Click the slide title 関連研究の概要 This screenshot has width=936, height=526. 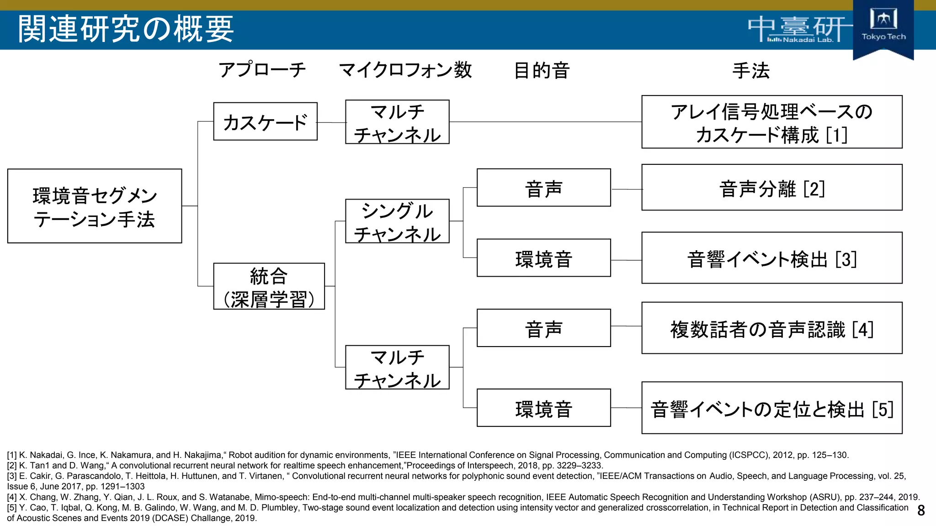tap(126, 29)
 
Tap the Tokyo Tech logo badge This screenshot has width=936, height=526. tap(883, 27)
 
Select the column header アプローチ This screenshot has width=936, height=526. tap(262, 70)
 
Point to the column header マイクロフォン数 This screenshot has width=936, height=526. tap(405, 70)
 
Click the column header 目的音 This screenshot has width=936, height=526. tap(542, 71)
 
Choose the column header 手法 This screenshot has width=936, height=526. tap(751, 71)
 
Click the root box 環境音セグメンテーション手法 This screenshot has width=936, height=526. tap(95, 206)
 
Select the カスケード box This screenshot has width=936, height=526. tap(265, 121)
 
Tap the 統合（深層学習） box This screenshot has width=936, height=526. tap(269, 286)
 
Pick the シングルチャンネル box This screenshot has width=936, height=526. tap(397, 221)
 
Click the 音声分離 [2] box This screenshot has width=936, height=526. tap(771, 188)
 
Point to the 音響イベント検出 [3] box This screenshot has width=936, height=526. tap(771, 258)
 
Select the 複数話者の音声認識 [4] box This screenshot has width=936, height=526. tap(771, 328)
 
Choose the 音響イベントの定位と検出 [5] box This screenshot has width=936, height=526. tap(771, 408)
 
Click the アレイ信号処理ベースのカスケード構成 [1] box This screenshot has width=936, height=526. tap(771, 122)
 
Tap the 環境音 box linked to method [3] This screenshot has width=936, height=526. tap(543, 258)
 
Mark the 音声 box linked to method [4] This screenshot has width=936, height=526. tap(543, 328)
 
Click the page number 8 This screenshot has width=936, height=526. tap(921, 510)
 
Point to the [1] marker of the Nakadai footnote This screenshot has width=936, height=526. tap(12, 455)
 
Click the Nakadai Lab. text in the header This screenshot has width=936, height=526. tap(808, 40)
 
